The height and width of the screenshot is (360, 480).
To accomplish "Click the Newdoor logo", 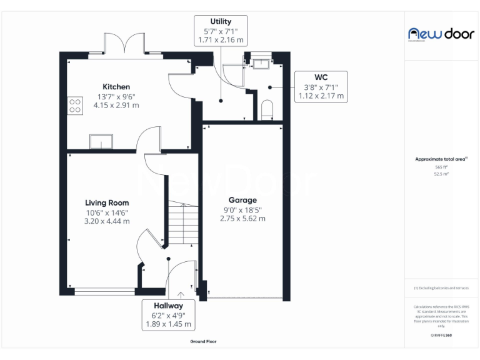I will click(x=441, y=34).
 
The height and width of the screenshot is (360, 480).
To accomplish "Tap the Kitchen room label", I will click(x=116, y=86).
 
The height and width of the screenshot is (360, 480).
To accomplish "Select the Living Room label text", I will click(x=107, y=202).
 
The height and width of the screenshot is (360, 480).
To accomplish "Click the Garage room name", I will click(x=242, y=200).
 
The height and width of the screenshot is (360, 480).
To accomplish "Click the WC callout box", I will click(x=321, y=87).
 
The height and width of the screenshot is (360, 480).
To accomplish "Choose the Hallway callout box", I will click(x=169, y=315).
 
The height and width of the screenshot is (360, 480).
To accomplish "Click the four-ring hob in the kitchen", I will click(x=75, y=106).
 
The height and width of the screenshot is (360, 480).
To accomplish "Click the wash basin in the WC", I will click(x=261, y=62).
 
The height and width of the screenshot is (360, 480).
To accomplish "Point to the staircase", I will click(x=182, y=225).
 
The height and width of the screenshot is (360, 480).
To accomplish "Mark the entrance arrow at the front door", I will click(x=181, y=296).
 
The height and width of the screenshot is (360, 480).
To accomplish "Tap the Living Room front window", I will click(x=104, y=290).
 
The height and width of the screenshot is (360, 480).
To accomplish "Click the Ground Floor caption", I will click(x=203, y=342).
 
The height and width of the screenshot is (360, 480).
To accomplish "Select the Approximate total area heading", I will click(x=441, y=159).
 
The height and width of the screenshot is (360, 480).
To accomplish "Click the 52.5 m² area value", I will click(x=441, y=174).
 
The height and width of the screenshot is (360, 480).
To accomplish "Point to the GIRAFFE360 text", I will click(x=441, y=336).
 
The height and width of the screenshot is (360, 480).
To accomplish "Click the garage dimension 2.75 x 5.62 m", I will click(x=242, y=219).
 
